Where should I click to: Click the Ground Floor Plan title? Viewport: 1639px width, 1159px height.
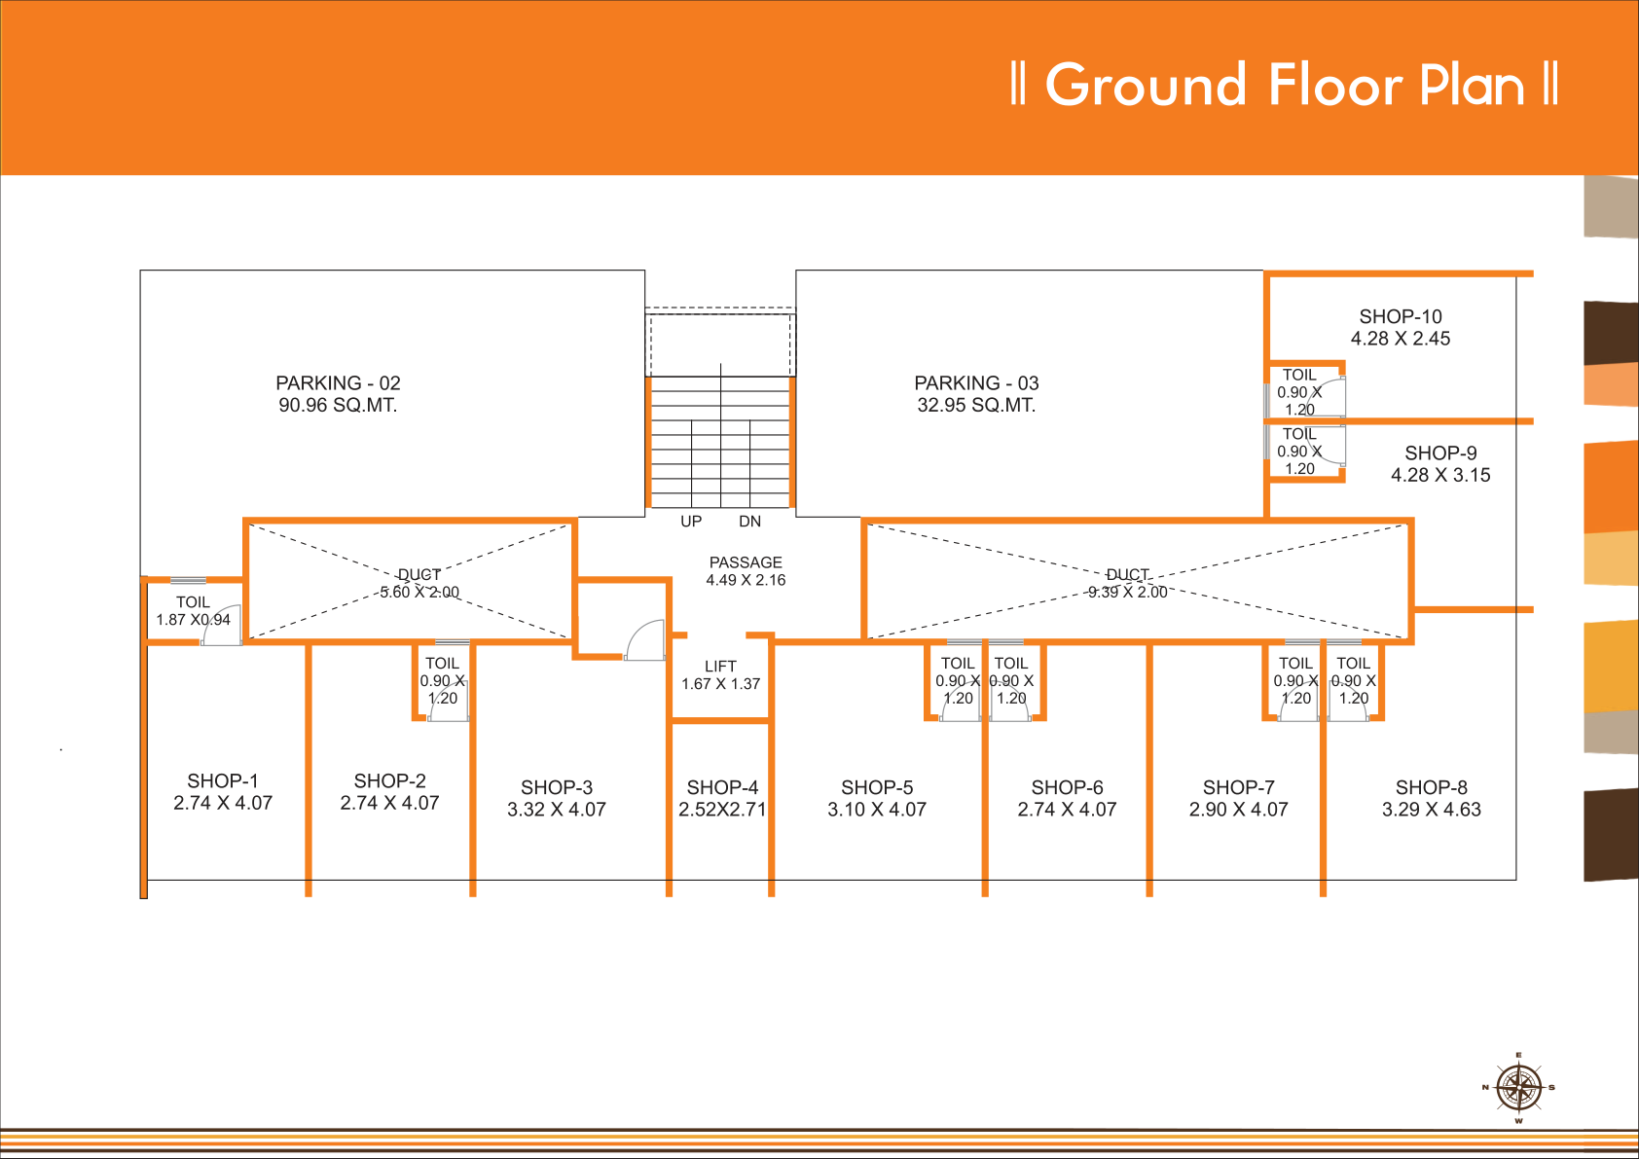tap(1284, 84)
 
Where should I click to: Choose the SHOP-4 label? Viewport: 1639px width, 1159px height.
tap(722, 787)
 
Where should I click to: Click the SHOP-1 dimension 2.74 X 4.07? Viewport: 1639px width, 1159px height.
tap(223, 803)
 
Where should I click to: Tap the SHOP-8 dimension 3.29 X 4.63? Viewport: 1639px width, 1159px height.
tap(1431, 810)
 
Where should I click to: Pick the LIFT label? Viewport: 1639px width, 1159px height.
tap(721, 666)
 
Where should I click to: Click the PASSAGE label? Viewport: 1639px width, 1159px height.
tap(746, 561)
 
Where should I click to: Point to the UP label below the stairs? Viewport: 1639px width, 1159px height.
tap(691, 521)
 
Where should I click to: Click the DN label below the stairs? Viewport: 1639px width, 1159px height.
tap(750, 521)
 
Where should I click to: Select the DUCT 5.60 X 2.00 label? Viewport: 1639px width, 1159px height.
tap(419, 583)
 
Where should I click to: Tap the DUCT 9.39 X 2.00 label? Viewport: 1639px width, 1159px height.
tap(1128, 583)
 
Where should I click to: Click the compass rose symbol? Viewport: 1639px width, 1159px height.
tap(1519, 1088)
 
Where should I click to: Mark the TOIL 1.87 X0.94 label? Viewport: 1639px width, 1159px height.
tap(193, 611)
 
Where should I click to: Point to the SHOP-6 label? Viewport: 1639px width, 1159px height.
tap(1067, 787)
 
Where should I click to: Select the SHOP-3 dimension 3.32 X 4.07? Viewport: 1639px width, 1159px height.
tap(556, 810)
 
